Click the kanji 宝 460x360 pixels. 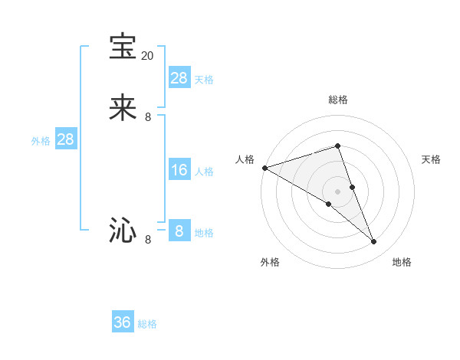coord(123,47)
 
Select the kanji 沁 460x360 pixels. coord(123,231)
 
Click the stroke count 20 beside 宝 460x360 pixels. coord(148,56)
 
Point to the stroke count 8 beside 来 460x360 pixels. coord(148,117)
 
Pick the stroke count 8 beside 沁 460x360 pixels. coord(148,240)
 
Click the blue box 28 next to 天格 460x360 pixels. coord(179,78)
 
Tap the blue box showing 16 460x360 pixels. coord(179,170)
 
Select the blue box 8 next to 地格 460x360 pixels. coord(179,231)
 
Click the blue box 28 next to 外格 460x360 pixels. coord(65,139)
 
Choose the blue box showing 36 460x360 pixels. coord(123,322)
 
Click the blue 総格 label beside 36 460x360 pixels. coord(147,324)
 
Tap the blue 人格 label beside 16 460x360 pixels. coord(204,172)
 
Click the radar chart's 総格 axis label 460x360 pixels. coord(337,100)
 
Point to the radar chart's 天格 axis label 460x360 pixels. coord(431,159)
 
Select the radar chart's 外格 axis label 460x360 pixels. coord(270,262)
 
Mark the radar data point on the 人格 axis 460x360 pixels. coord(264,167)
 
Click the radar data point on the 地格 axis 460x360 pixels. coord(374,242)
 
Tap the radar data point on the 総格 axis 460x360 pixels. coord(337,146)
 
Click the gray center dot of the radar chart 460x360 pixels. coord(337,191)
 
